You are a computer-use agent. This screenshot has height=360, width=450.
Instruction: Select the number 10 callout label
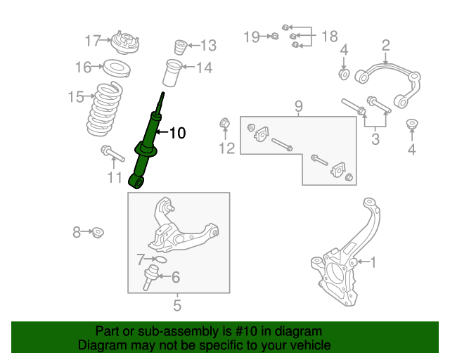tap(177, 132)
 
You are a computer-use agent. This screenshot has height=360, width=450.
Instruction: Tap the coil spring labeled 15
tap(110, 110)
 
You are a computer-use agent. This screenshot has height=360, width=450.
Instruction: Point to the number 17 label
tap(93, 41)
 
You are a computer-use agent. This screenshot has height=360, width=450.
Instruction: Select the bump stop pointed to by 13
tap(179, 49)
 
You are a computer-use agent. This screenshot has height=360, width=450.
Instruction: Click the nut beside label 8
tap(99, 232)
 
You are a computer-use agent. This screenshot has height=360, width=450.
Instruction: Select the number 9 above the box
tap(298, 106)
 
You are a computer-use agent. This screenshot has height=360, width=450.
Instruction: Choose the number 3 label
tap(375, 139)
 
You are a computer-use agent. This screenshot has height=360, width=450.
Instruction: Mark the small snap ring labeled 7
tap(160, 259)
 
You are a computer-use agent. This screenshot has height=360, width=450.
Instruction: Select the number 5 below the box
tap(177, 306)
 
